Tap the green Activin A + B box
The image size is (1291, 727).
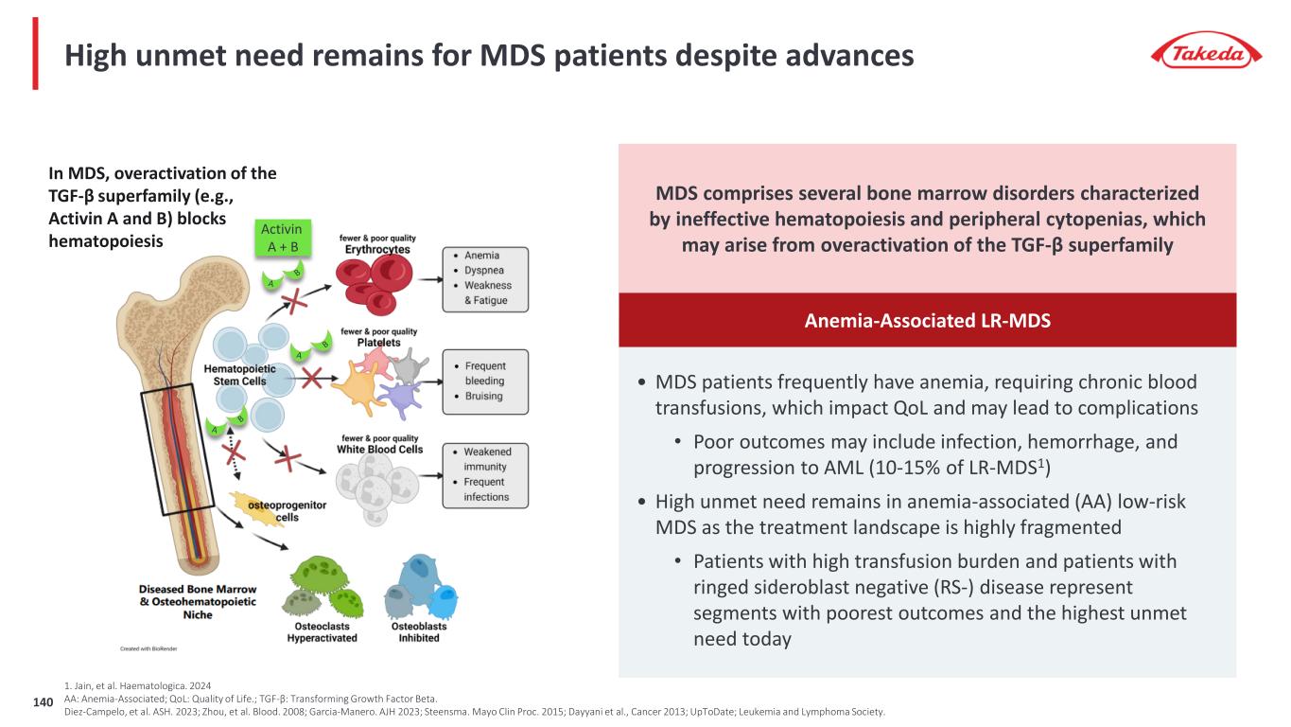[x=283, y=238]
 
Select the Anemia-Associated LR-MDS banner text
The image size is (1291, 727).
[x=927, y=320]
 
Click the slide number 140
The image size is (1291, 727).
[x=43, y=702]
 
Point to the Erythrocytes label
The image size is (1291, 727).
[x=377, y=249]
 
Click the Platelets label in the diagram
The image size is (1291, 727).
[x=378, y=342]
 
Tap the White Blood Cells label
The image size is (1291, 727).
[x=380, y=449]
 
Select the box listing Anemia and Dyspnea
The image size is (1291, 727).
[x=485, y=280]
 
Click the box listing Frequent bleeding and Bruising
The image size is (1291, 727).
[x=485, y=381]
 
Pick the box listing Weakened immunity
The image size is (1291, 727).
[x=485, y=475]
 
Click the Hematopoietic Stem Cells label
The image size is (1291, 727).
[x=240, y=375]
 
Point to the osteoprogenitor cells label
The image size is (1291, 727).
[x=287, y=511]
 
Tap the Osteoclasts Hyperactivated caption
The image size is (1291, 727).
[x=323, y=631]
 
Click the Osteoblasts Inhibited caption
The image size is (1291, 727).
[x=419, y=631]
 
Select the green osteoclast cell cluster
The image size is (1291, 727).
[x=323, y=586]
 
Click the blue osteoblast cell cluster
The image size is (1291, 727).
[x=421, y=586]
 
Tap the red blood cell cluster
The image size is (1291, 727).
[x=375, y=284]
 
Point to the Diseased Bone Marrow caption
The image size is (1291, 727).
[x=198, y=602]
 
